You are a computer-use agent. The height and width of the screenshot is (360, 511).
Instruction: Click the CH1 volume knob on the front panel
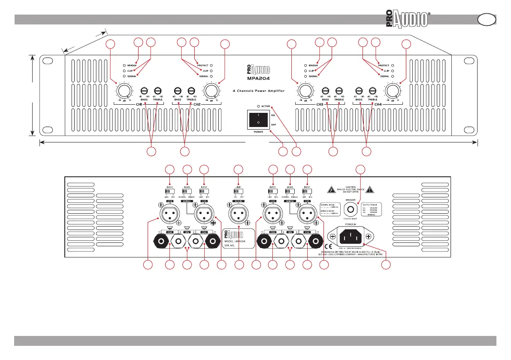pos(124,91)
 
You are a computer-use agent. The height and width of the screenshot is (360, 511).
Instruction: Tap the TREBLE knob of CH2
pos(191,90)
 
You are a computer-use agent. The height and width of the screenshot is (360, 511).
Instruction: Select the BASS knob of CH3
pos(326,90)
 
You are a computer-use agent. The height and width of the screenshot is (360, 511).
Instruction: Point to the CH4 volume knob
pos(391,91)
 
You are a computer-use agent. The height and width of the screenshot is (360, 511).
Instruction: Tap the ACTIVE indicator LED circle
pos(258,106)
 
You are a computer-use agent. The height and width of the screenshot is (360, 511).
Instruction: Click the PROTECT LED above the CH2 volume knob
pos(212,65)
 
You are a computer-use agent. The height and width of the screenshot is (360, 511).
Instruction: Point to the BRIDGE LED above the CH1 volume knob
pos(124,65)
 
